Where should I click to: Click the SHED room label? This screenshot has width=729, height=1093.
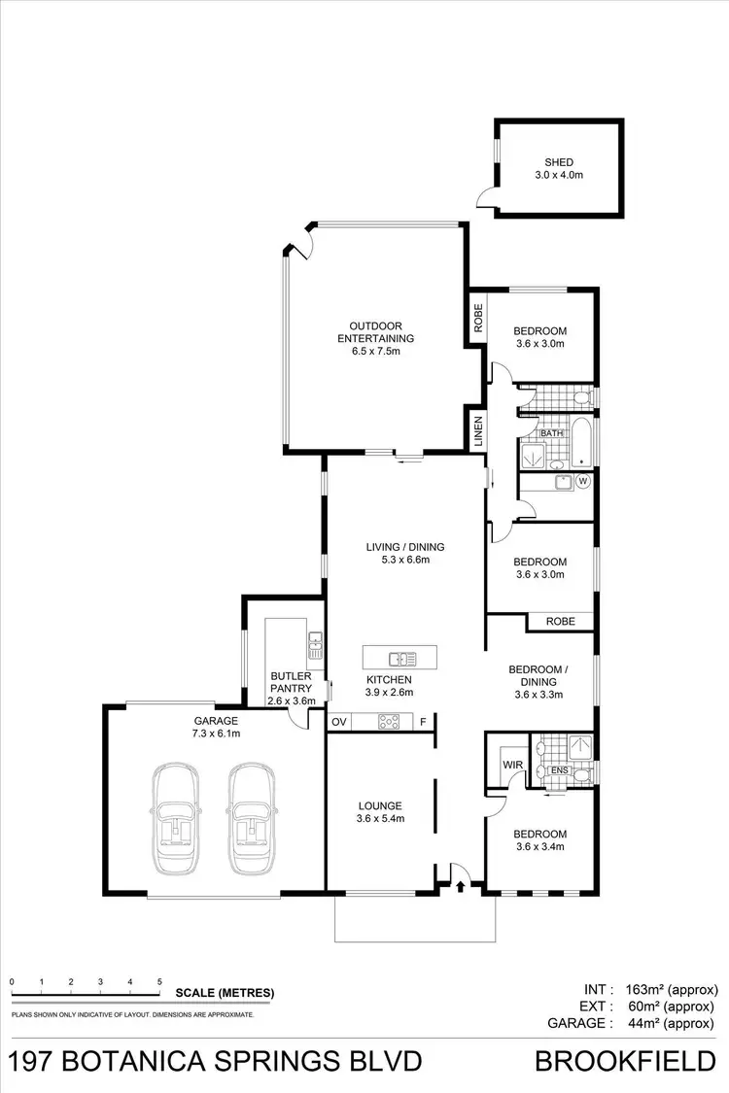click(558, 162)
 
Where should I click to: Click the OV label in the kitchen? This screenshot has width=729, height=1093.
click(339, 722)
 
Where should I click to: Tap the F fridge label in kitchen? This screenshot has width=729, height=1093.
click(424, 722)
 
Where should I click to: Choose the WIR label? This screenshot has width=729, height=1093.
click(512, 765)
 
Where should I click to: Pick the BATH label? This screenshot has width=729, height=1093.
click(553, 433)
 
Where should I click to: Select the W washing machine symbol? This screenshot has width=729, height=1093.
click(583, 480)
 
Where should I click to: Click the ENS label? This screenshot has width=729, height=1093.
click(559, 770)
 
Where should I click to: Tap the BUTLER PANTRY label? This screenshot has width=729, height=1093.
click(291, 681)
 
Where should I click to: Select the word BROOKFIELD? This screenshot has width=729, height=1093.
click(626, 1061)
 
